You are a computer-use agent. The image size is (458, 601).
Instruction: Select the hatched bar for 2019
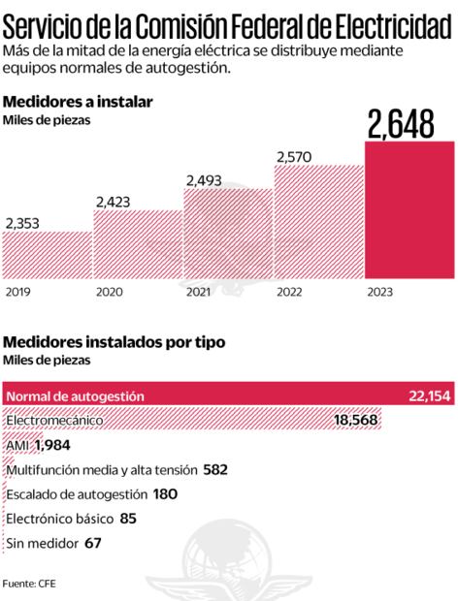pyautogui.click(x=48, y=256)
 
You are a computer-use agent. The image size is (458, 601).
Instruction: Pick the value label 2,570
pyautogui.click(x=298, y=156)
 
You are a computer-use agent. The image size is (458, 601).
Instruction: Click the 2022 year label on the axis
pyautogui.click(x=289, y=291)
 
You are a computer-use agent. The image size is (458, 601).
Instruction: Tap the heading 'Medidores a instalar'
pyautogui.click(x=79, y=101)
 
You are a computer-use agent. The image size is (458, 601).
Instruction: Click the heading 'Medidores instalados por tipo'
pyautogui.click(x=115, y=342)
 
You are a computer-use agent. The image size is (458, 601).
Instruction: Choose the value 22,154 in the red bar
pyautogui.click(x=430, y=395)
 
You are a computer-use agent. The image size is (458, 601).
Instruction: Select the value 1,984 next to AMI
pyautogui.click(x=52, y=444)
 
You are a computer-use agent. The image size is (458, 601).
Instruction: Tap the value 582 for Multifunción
pyautogui.click(x=215, y=469)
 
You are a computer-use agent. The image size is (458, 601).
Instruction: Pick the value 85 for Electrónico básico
pyautogui.click(x=128, y=519)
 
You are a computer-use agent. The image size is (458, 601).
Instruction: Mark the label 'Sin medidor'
pyautogui.click(x=41, y=543)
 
